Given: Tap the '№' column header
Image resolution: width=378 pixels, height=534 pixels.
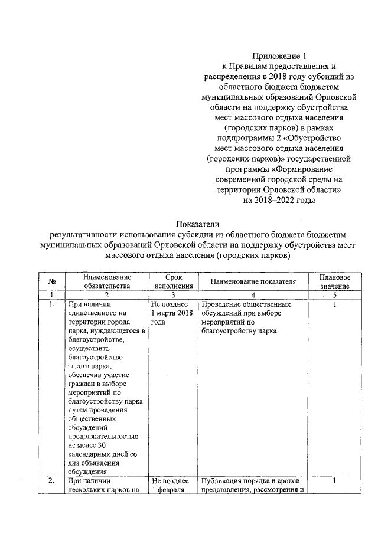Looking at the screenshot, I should tap(51, 281).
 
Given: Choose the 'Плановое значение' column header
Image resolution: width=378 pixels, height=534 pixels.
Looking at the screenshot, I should tap(335, 281).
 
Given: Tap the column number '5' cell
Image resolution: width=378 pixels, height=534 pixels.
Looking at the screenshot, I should tap(335, 295).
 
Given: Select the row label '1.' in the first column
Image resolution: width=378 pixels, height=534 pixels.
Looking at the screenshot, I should tap(52, 304).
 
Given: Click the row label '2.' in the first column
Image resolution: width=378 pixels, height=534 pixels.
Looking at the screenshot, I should tap(52, 481).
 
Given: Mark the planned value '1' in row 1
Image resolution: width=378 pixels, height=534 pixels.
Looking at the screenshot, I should tap(335, 304).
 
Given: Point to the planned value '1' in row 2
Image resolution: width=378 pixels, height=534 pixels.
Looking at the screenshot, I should tap(335, 481).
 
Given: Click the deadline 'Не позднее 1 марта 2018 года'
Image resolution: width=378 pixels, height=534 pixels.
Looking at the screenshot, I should tap(172, 314).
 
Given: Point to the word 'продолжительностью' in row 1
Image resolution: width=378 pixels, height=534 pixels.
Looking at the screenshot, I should tap(103, 437).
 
